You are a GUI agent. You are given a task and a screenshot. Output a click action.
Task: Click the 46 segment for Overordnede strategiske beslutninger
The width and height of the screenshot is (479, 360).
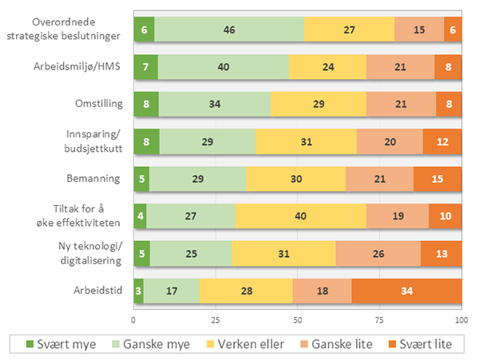[x=229, y=29]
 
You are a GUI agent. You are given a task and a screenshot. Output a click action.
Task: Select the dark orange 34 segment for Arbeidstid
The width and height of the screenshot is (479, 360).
[x=406, y=291]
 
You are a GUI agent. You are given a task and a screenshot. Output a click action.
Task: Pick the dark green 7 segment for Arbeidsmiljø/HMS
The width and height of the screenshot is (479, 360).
[x=145, y=66]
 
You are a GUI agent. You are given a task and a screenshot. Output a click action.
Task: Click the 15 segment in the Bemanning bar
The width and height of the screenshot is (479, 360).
[x=437, y=179]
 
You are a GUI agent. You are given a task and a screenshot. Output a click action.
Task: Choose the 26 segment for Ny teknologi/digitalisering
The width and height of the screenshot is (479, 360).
[x=378, y=253]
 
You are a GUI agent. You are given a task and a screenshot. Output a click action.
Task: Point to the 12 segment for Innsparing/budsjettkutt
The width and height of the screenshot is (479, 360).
[x=442, y=141]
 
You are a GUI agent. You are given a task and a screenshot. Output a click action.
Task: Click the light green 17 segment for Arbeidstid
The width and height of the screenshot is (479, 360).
[x=171, y=291]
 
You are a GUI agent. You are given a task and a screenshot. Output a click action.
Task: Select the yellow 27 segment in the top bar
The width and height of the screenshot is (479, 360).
[x=349, y=29]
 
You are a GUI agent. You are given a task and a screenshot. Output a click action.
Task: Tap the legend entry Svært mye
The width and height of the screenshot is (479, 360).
[x=57, y=344]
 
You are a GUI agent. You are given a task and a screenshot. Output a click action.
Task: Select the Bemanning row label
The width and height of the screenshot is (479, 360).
[x=95, y=179]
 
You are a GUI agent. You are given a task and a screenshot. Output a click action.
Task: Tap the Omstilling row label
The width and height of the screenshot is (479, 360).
[x=97, y=104]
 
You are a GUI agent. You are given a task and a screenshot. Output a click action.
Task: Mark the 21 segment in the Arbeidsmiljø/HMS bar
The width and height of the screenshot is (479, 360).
[x=401, y=66]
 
